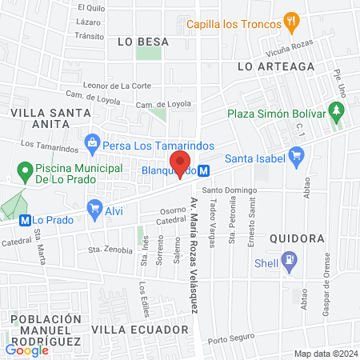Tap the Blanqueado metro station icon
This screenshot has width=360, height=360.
tap(205, 170)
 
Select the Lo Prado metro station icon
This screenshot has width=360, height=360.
tap(25, 220)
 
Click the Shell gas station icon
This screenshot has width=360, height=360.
tap(289, 260)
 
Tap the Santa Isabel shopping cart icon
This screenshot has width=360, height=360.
tap(298, 158)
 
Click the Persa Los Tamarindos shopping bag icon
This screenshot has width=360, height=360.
tap(93, 144)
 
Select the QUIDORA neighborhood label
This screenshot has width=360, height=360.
tap(297, 238)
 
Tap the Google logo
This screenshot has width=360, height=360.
tap(27, 350)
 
